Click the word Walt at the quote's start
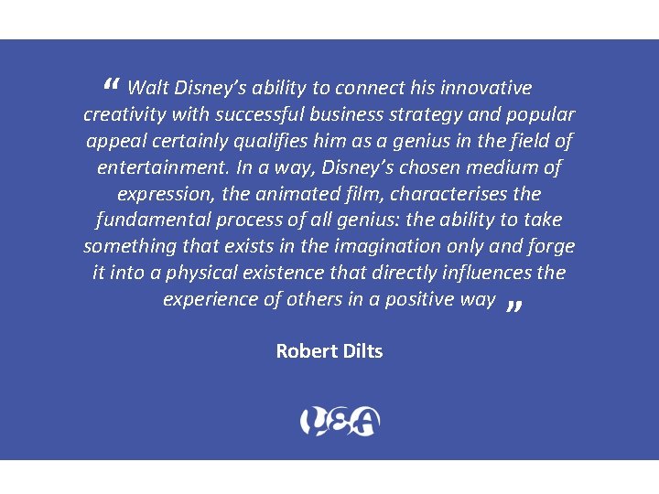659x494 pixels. [146, 88]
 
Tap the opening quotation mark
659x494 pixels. [112, 86]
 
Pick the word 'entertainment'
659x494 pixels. [161, 167]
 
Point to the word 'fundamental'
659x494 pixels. [153, 220]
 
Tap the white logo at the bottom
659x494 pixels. [340, 421]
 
